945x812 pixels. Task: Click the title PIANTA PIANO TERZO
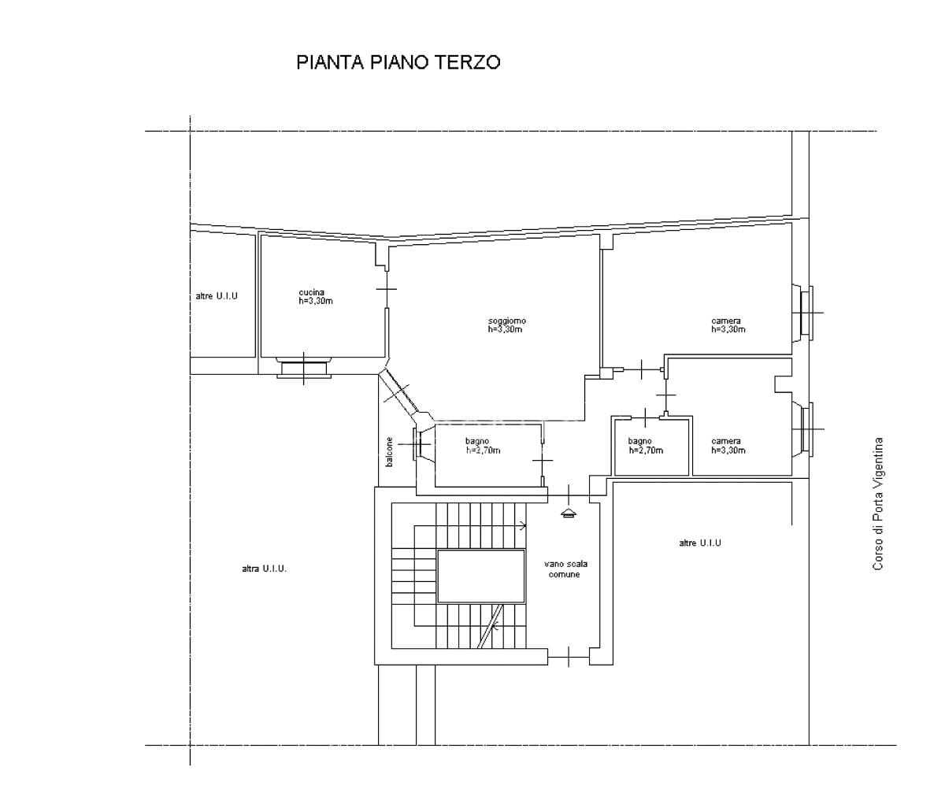pos(398,63)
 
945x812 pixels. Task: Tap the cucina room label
pos(316,297)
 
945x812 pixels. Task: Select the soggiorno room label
pos(506,324)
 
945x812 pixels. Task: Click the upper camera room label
pos(728,324)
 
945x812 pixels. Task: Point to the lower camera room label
pos(728,445)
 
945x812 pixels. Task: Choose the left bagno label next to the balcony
pos(483,445)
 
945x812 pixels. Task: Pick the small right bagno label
pos(646,445)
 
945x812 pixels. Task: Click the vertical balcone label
pos(389,452)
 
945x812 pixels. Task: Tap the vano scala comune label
pos(565,569)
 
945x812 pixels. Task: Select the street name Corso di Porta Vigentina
pos(878,504)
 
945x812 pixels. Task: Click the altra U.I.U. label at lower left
pos(265,569)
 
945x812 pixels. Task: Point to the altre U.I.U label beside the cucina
pos(217,296)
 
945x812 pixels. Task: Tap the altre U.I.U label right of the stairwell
pos(700,543)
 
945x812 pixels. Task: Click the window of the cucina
pos(304,368)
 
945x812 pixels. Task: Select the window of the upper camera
pos(802,313)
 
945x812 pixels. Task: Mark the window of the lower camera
pos(802,429)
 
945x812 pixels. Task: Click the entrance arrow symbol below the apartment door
pos(569,513)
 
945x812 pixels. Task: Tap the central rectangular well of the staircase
pos(481,576)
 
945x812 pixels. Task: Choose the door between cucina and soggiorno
pos(387,289)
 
